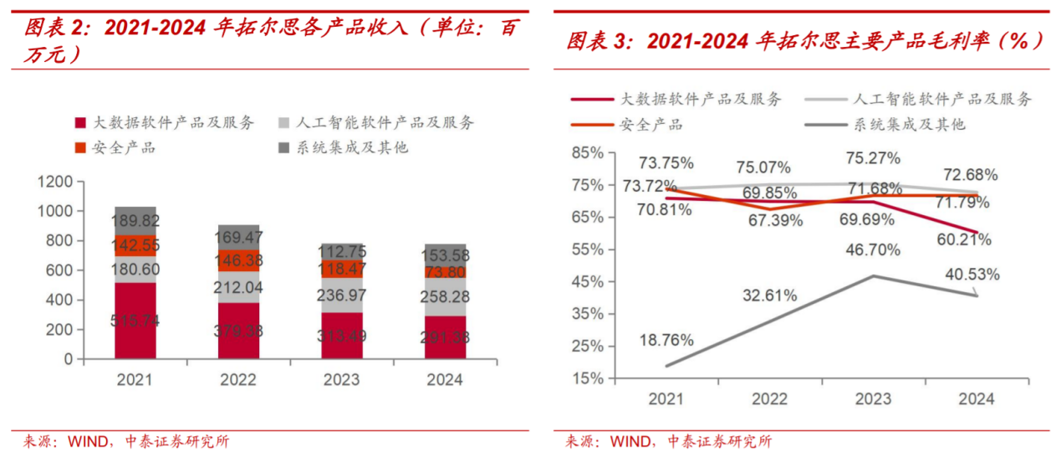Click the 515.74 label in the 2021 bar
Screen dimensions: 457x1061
point(135,321)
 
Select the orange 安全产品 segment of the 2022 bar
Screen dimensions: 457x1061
point(238,260)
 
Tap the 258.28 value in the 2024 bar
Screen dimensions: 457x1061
point(445,296)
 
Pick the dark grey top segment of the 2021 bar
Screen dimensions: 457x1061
point(135,220)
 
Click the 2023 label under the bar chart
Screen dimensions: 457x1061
point(341,380)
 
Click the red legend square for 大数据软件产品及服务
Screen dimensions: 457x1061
point(80,123)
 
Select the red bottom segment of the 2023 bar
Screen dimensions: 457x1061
point(341,336)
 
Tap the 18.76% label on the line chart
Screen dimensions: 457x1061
point(666,340)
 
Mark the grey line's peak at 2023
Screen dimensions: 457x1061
point(874,275)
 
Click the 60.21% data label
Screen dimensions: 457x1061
point(963,240)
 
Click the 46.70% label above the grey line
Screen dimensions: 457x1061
point(872,249)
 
